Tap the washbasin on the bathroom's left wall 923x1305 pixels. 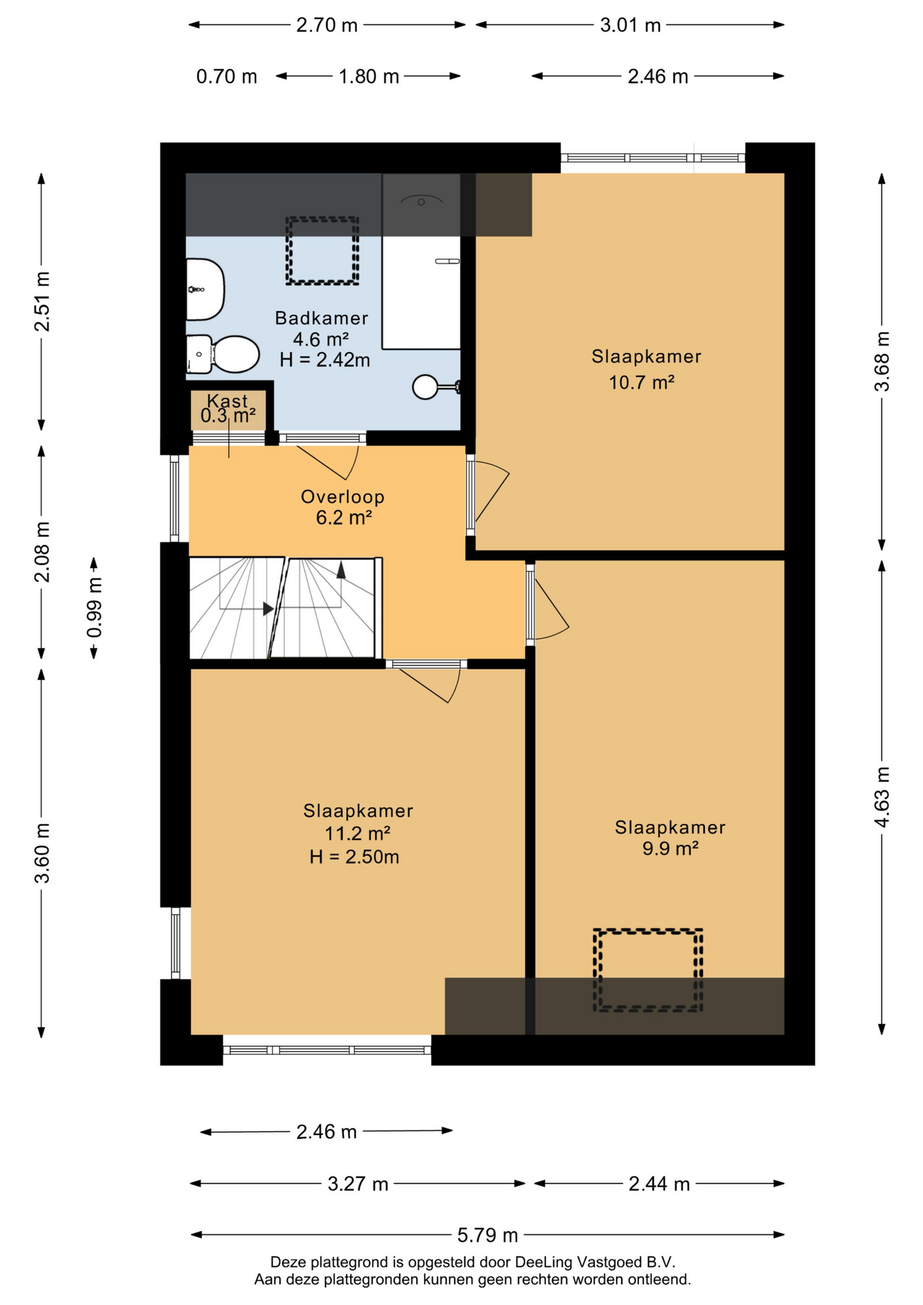[205, 289]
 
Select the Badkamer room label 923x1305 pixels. [321, 318]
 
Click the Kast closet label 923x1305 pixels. [228, 401]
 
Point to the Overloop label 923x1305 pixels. [343, 497]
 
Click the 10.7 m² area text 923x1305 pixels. [642, 383]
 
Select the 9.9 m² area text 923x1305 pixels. [671, 848]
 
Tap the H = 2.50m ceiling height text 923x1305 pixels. [354, 857]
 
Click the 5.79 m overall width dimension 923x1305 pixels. [487, 1235]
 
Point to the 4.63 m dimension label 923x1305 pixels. [882, 797]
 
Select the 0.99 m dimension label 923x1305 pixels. [94, 608]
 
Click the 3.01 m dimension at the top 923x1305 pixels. [630, 25]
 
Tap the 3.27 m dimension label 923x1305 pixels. [358, 1184]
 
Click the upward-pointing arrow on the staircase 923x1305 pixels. [341, 570]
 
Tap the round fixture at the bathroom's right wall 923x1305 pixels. [425, 387]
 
